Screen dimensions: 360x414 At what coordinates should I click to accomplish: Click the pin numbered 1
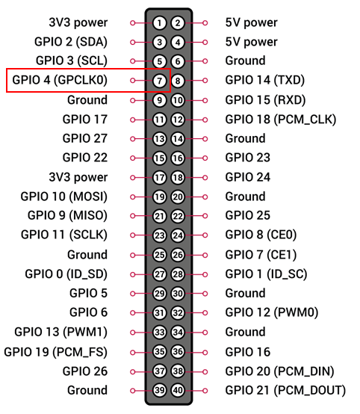pos(159,23)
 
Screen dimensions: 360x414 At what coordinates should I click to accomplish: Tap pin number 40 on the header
pos(178,390)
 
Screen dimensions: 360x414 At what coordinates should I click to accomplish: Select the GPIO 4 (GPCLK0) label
pos(60,80)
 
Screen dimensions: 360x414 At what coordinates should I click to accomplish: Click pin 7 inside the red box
pos(159,81)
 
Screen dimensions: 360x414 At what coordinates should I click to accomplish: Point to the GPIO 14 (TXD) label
pos(265,80)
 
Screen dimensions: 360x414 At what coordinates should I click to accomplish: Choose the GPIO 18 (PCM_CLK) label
pos(281,120)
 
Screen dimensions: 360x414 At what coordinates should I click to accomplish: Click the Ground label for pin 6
pos(246,61)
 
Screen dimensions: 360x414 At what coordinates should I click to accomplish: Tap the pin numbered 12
pos(178,120)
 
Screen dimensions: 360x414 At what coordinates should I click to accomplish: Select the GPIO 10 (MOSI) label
pos(64,197)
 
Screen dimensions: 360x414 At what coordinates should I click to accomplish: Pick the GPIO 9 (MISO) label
pos(67,216)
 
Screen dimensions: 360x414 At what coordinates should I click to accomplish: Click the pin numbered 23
pos(159,235)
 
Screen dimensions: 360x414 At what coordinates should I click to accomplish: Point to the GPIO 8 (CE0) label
pos(261,235)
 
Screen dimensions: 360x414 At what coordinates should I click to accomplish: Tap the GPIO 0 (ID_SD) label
pos(66,274)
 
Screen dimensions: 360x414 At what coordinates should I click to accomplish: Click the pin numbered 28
pos(178,274)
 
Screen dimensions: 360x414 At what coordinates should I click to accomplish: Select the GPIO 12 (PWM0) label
pos(272,312)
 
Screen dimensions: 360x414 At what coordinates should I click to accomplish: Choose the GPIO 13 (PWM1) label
pos(61,332)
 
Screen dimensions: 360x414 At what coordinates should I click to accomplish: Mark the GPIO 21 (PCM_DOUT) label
pos(285,391)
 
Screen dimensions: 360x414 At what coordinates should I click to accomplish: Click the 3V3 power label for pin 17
pos(78,177)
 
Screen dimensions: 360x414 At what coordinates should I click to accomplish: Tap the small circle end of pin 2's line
pos(205,23)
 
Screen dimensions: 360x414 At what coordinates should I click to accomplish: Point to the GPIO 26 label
pos(85,371)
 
